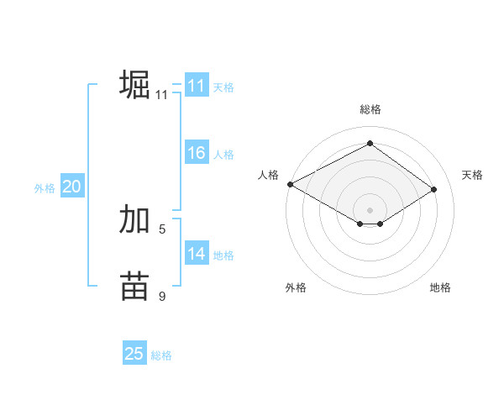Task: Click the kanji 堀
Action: (134, 85)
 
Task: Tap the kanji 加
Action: (134, 220)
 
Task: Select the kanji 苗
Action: (134, 286)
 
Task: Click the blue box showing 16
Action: (197, 153)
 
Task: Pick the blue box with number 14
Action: (197, 254)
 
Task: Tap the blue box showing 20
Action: (71, 187)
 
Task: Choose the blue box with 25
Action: (134, 354)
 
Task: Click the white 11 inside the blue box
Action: (197, 86)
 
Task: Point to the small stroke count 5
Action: (162, 228)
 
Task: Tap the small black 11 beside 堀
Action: (162, 95)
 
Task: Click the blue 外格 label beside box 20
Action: (45, 188)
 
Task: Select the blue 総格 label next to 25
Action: (161, 355)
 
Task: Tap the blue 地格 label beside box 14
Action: (223, 255)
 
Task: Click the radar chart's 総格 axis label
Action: (370, 109)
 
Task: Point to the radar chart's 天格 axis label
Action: (472, 175)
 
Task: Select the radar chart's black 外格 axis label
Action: (296, 287)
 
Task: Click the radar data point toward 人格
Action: (290, 183)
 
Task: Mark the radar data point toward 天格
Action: (433, 189)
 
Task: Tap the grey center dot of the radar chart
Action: (370, 209)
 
